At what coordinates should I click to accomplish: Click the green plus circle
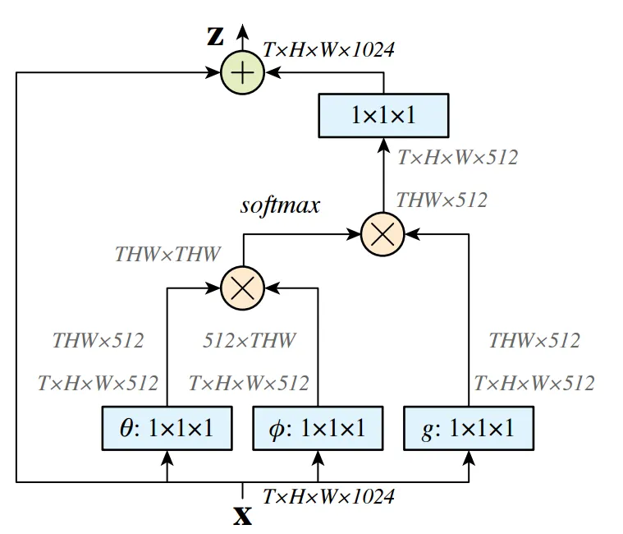pyautogui.click(x=242, y=73)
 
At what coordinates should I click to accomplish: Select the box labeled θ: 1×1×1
pyautogui.click(x=167, y=429)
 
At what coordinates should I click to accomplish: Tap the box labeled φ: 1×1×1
pyautogui.click(x=318, y=429)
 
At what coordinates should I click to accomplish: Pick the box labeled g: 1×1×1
pyautogui.click(x=469, y=429)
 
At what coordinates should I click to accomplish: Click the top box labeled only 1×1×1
pyautogui.click(x=383, y=115)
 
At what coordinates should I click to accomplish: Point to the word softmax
pyautogui.click(x=280, y=205)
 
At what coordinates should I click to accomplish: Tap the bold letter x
pyautogui.click(x=242, y=516)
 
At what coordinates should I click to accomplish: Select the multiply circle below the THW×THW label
pyautogui.click(x=242, y=288)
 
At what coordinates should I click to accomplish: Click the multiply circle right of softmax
pyautogui.click(x=383, y=234)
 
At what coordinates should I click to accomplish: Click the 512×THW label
pyautogui.click(x=250, y=340)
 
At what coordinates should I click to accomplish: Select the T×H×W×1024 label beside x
pyautogui.click(x=328, y=496)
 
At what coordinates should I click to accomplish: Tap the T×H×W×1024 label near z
pyautogui.click(x=328, y=49)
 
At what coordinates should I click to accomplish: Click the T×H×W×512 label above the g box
pyautogui.click(x=534, y=383)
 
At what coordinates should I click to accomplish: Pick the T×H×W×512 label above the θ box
pyautogui.click(x=98, y=383)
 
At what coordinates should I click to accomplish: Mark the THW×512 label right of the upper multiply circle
pyautogui.click(x=442, y=200)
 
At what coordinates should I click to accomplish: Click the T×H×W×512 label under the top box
pyautogui.click(x=457, y=157)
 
